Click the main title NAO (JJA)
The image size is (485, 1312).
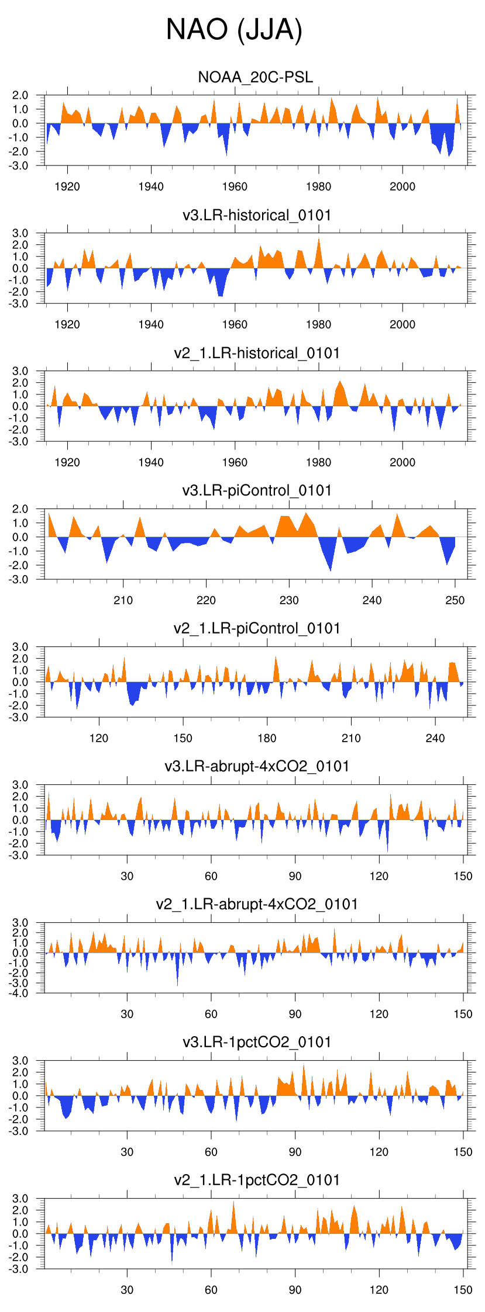click(234, 29)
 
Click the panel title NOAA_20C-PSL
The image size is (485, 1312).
click(256, 77)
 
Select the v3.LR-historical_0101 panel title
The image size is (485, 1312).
click(257, 215)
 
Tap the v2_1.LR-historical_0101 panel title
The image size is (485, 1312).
click(257, 353)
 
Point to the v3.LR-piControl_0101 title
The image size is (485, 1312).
click(257, 490)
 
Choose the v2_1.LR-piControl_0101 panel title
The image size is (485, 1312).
click(257, 628)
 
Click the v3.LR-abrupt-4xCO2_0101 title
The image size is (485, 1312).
click(257, 766)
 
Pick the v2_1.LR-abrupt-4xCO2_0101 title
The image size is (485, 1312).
click(257, 904)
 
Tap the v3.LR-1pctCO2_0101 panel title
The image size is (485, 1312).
click(257, 1042)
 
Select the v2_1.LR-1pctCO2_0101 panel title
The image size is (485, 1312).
click(257, 1180)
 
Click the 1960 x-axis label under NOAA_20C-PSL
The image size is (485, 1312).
click(235, 186)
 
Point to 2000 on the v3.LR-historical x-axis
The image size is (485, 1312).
click(403, 324)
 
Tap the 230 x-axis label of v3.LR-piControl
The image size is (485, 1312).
click(289, 600)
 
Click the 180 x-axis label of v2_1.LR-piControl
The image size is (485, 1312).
click(267, 738)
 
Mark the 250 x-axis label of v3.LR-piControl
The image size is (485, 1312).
click(455, 600)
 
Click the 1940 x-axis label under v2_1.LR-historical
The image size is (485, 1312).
click(151, 462)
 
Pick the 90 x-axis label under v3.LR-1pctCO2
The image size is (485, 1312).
click(295, 1152)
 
